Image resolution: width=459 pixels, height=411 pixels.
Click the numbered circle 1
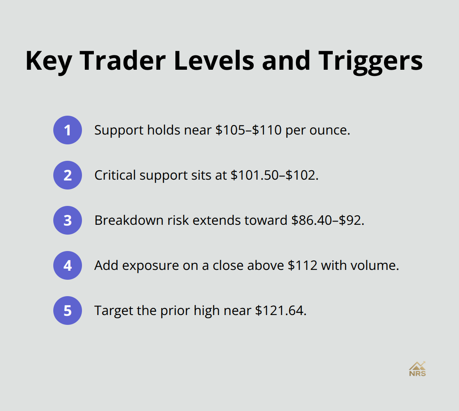pyautogui.click(x=68, y=130)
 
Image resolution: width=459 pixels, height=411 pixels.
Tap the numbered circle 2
pyautogui.click(x=68, y=175)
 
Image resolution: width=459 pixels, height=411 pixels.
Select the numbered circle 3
pyautogui.click(x=68, y=220)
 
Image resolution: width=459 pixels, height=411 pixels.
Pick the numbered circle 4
pyautogui.click(x=68, y=265)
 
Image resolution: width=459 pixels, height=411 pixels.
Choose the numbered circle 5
pyautogui.click(x=68, y=311)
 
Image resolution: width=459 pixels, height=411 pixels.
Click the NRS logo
pyautogui.click(x=417, y=368)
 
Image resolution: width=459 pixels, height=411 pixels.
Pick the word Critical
pyautogui.click(x=115, y=175)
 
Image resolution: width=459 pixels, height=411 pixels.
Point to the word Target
pyautogui.click(x=114, y=311)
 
